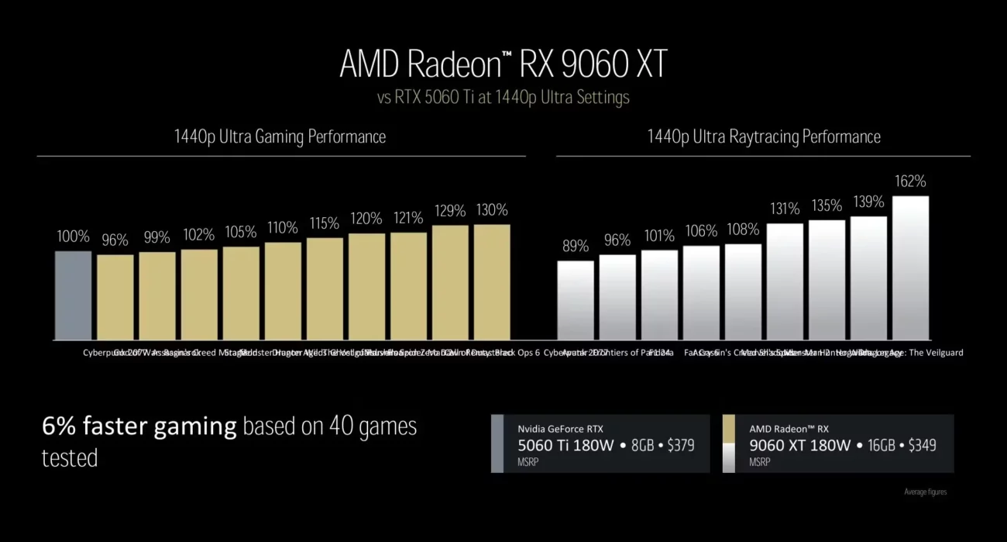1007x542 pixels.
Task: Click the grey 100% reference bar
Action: click(73, 295)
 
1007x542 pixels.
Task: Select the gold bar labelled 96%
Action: click(115, 297)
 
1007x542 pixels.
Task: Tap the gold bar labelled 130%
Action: click(492, 282)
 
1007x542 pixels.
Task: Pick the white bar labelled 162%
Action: click(910, 268)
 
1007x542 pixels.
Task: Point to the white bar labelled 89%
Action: click(576, 300)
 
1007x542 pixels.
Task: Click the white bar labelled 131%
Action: click(785, 281)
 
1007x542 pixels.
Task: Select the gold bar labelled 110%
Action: click(283, 291)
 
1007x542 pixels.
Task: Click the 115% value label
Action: click(325, 223)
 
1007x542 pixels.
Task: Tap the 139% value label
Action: click(868, 202)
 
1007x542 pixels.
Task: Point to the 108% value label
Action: click(743, 230)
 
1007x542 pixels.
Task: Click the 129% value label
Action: click(450, 211)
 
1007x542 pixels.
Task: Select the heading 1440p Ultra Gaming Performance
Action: click(280, 137)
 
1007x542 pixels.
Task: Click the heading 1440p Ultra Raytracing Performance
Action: click(764, 137)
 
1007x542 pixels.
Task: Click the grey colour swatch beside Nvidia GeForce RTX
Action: click(497, 444)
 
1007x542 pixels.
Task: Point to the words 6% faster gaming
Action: click(139, 426)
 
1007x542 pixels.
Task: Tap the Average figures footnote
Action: click(925, 492)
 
